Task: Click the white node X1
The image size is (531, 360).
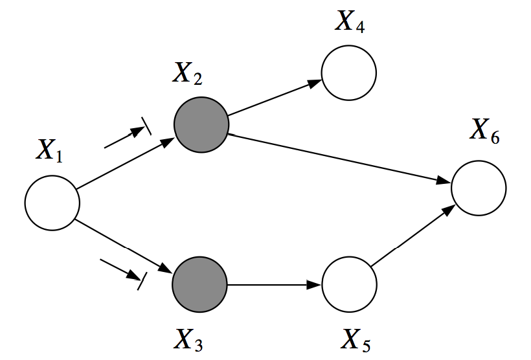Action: pos(52,202)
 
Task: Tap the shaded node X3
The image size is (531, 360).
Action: pos(199,284)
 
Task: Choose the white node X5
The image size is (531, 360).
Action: pos(349,284)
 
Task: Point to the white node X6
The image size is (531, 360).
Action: pos(479,188)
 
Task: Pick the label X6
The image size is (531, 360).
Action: pos(485,131)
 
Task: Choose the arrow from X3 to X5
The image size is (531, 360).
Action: pos(275,284)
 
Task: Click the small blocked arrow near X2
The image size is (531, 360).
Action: pos(127,136)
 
